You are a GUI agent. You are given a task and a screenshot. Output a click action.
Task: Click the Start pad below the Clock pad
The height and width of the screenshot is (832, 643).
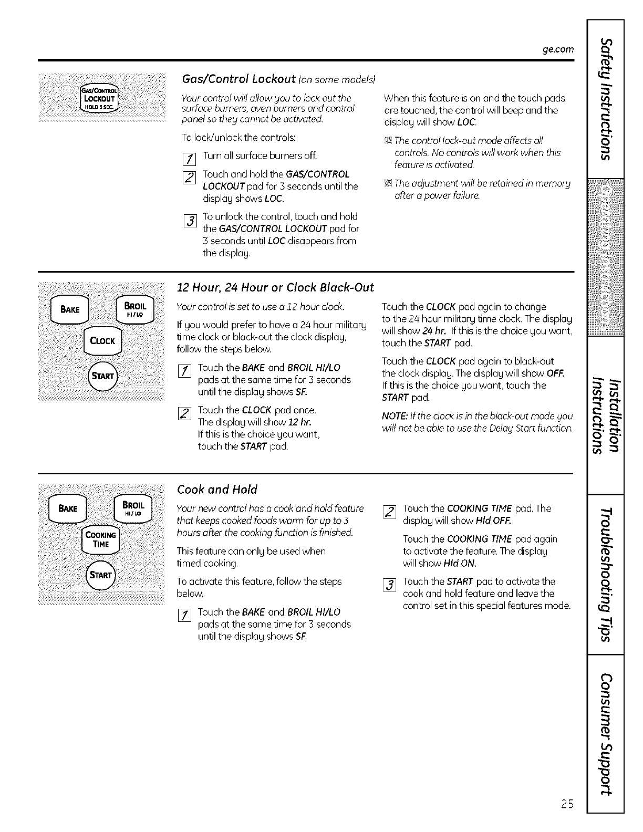tap(102, 376)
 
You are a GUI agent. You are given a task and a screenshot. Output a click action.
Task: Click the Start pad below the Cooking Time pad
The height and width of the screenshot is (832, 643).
tap(101, 575)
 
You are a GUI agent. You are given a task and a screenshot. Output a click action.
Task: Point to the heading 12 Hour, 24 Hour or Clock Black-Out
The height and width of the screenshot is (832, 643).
tap(275, 287)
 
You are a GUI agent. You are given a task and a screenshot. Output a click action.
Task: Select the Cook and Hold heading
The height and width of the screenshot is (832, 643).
tap(217, 490)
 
